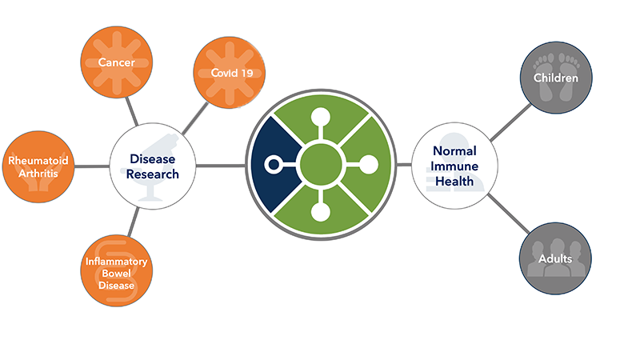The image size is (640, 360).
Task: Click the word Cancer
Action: tap(115, 62)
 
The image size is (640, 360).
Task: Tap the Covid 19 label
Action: tap(228, 74)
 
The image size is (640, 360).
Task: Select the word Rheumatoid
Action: tap(38, 161)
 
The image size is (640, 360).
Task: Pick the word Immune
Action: tap(454, 166)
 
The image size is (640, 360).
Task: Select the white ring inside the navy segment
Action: tap(274, 166)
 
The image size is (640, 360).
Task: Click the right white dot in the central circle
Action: tap(370, 166)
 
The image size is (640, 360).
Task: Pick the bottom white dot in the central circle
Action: tap(322, 213)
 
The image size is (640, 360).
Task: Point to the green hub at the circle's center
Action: tap(322, 166)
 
